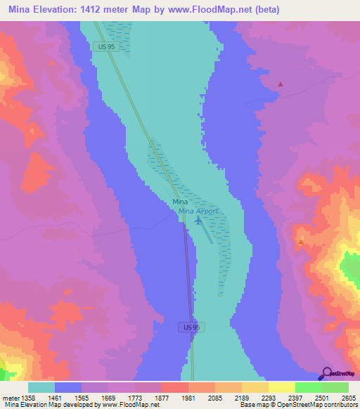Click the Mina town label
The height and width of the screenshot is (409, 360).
tap(180, 202)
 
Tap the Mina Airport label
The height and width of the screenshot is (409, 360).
tap(198, 211)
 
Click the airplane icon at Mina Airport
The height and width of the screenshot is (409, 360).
tap(198, 221)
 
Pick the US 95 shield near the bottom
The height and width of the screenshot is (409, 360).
tap(186, 327)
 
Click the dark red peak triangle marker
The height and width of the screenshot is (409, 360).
tap(281, 84)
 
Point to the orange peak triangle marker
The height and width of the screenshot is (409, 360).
tap(301, 242)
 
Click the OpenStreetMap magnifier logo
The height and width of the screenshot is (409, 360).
tap(326, 373)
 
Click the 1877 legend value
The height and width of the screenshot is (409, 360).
tap(161, 398)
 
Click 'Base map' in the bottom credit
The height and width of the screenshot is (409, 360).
tap(252, 405)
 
